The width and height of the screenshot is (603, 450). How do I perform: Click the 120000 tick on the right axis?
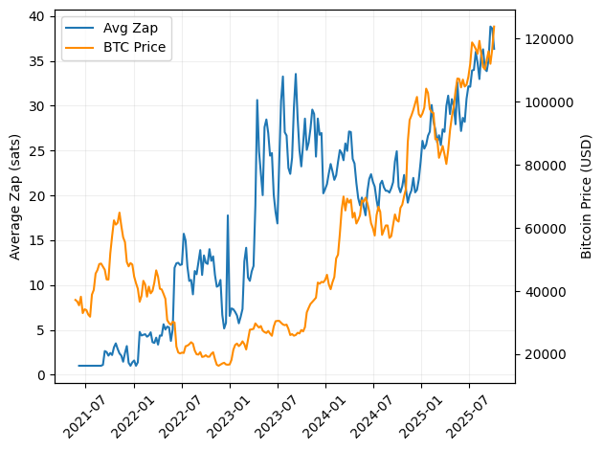(x=546, y=39)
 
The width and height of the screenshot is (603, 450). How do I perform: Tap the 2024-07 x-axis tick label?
(x=372, y=410)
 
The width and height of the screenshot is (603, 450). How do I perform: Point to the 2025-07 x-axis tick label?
(x=468, y=410)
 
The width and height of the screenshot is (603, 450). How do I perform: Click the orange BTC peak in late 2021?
(x=119, y=213)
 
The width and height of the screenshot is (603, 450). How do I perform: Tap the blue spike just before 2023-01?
(x=227, y=215)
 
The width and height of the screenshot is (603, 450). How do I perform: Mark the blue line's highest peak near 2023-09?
(x=296, y=74)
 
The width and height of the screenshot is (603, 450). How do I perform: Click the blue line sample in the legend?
(x=80, y=29)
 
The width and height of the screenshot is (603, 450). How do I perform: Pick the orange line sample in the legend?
(x=80, y=48)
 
